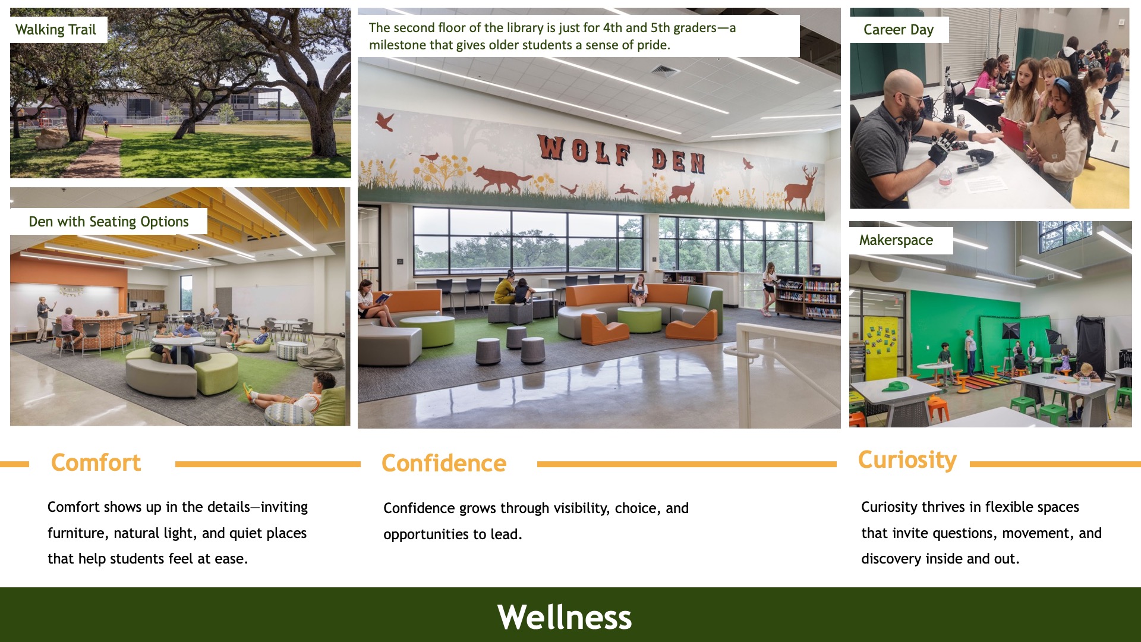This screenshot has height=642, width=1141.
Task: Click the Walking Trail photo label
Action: [x=56, y=30]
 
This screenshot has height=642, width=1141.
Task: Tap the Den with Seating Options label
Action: [x=109, y=222]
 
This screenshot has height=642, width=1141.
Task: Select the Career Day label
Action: [x=899, y=30]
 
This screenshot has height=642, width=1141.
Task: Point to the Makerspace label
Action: [x=896, y=240]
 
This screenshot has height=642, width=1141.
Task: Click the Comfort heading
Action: [x=96, y=462]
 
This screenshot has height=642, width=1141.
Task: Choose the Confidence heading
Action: [x=444, y=463]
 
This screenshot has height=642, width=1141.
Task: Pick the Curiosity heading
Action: [x=907, y=460]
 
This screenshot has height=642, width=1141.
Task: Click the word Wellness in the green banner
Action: [x=565, y=617]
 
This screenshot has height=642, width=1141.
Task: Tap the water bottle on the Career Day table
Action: [x=945, y=178]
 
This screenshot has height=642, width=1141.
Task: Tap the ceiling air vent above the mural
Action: [x=666, y=71]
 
